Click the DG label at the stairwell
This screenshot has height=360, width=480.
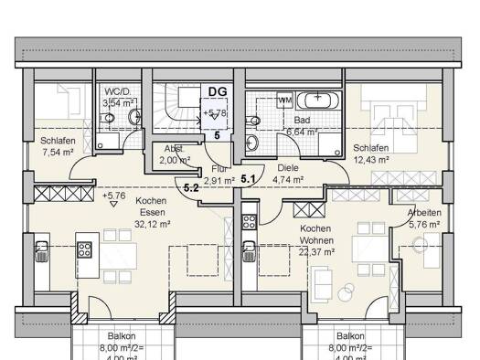218,91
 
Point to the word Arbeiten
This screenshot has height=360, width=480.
422,212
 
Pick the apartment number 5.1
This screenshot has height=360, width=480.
248,180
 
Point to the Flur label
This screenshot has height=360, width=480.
219,169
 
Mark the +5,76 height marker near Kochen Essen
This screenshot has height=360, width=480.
114,195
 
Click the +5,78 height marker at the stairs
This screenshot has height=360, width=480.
216,114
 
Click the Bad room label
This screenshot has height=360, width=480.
303,120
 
